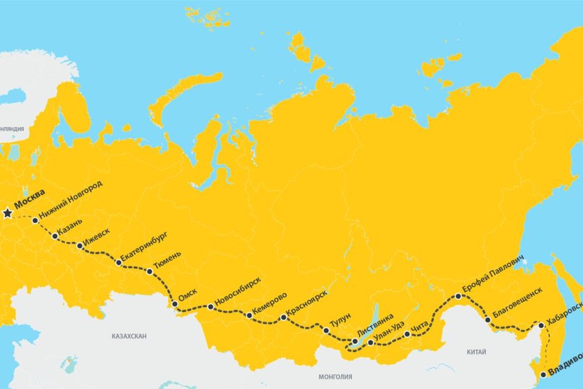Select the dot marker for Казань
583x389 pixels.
pyautogui.click(x=55, y=236)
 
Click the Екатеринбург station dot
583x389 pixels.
pyautogui.click(x=119, y=263)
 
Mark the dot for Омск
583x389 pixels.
pyautogui.click(x=174, y=304)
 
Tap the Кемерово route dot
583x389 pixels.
pyautogui.click(x=249, y=315)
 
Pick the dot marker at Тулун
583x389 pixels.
pyautogui.click(x=326, y=330)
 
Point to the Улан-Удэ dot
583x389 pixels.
pyautogui.click(x=371, y=342)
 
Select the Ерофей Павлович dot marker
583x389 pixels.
pyautogui.click(x=458, y=297)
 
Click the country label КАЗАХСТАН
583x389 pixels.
pyautogui.click(x=129, y=336)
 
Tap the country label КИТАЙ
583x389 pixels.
pyautogui.click(x=477, y=352)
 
